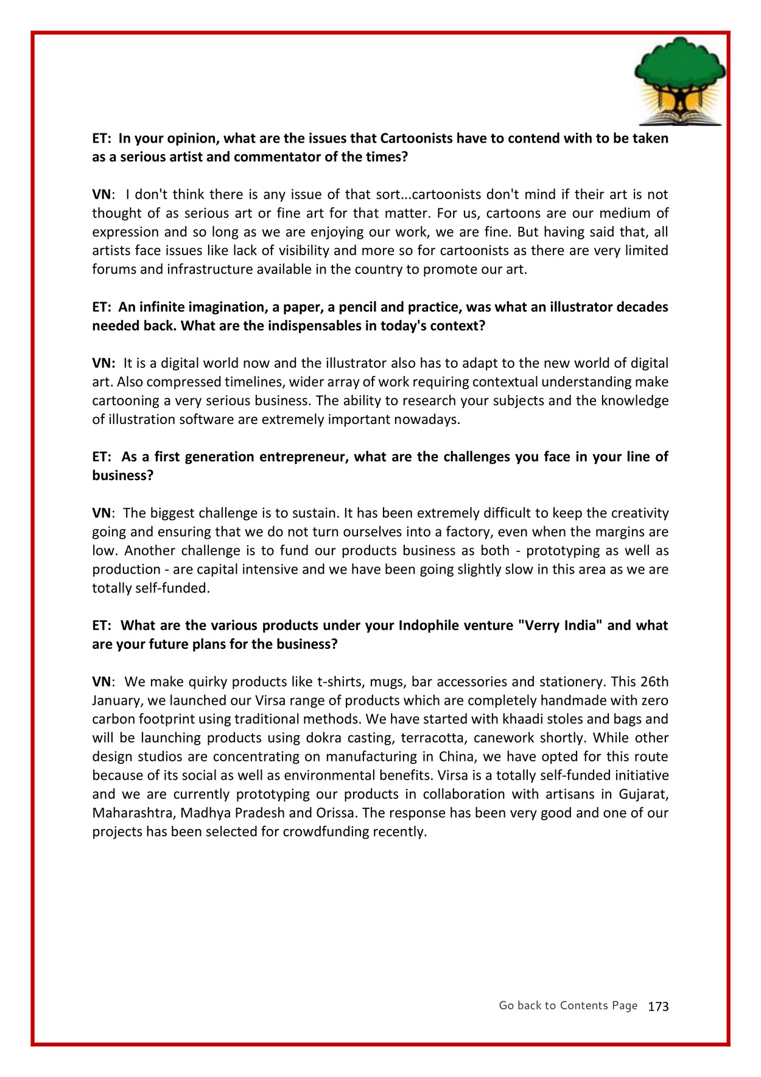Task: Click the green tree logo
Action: coord(679,80)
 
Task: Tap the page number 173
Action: coord(658,1006)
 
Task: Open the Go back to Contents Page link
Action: coord(567,1005)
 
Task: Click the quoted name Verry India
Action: coord(556,626)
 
